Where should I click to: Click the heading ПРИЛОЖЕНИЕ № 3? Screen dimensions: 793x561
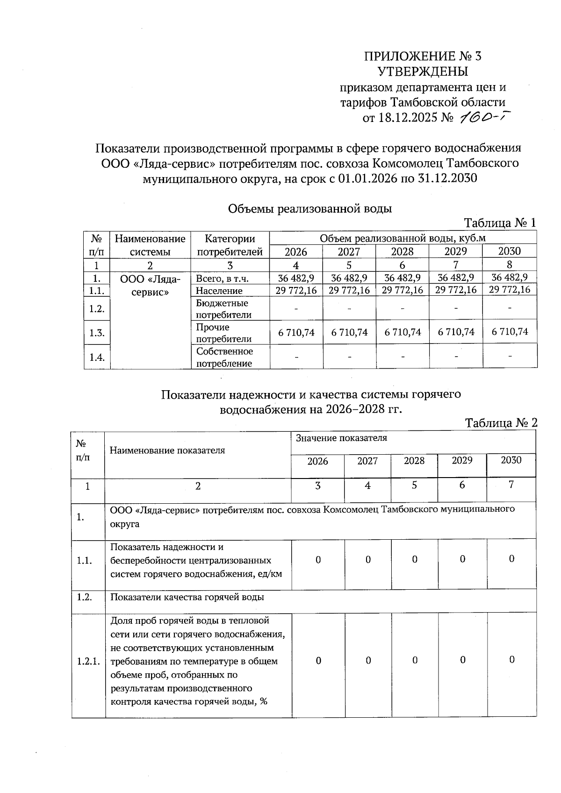(x=423, y=57)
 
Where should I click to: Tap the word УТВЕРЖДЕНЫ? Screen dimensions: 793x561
(x=423, y=71)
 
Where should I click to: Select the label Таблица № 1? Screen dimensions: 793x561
(x=500, y=223)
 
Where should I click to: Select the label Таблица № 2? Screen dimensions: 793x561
(x=501, y=423)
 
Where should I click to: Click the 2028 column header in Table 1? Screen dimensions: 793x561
(x=402, y=252)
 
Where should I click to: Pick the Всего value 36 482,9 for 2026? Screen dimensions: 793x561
(x=296, y=278)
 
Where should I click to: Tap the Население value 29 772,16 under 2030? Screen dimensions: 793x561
(x=510, y=290)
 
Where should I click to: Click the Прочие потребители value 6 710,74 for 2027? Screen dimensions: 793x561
(x=349, y=333)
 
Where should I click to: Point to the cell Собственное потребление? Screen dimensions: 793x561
(x=224, y=357)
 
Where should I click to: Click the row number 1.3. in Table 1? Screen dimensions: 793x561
(x=97, y=333)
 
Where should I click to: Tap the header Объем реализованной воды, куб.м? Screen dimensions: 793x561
(x=403, y=238)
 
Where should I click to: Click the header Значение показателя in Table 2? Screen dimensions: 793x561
(x=341, y=438)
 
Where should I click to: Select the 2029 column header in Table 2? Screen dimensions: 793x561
(x=462, y=460)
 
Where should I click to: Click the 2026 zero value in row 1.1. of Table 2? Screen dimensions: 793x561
(x=318, y=559)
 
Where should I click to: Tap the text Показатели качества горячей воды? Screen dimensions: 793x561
(x=187, y=597)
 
